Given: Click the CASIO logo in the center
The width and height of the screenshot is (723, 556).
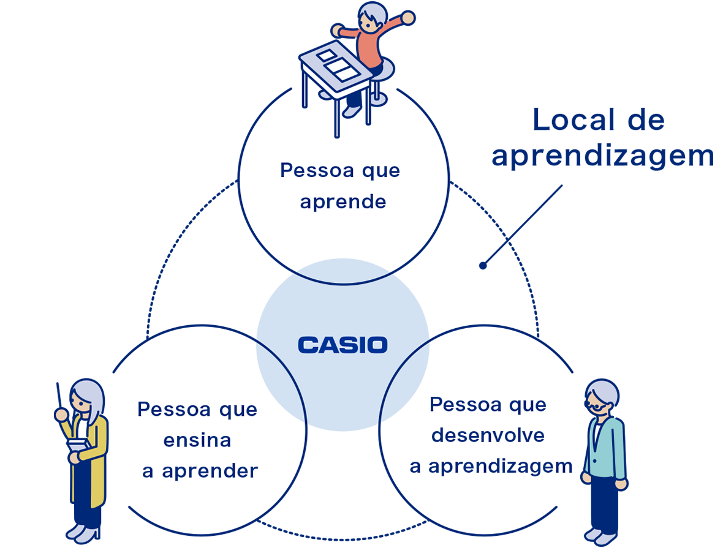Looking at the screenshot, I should pos(343,345).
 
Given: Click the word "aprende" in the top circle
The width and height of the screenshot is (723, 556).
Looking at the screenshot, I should pos(343,202).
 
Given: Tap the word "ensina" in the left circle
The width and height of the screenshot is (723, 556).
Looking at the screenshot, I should pos(197,440).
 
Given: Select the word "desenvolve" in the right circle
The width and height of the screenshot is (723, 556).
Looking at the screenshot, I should pos(488,435).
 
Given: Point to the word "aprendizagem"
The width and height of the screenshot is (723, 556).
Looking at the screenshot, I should pos(500,467).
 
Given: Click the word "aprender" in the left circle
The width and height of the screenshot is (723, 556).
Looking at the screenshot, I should pos(210,471).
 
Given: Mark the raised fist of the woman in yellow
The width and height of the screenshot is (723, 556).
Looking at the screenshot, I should pos(61,415).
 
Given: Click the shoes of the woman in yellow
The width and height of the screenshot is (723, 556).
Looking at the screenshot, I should pos(83,532).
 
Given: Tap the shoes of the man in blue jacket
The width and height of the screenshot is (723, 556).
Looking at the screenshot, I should pos(601,536).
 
